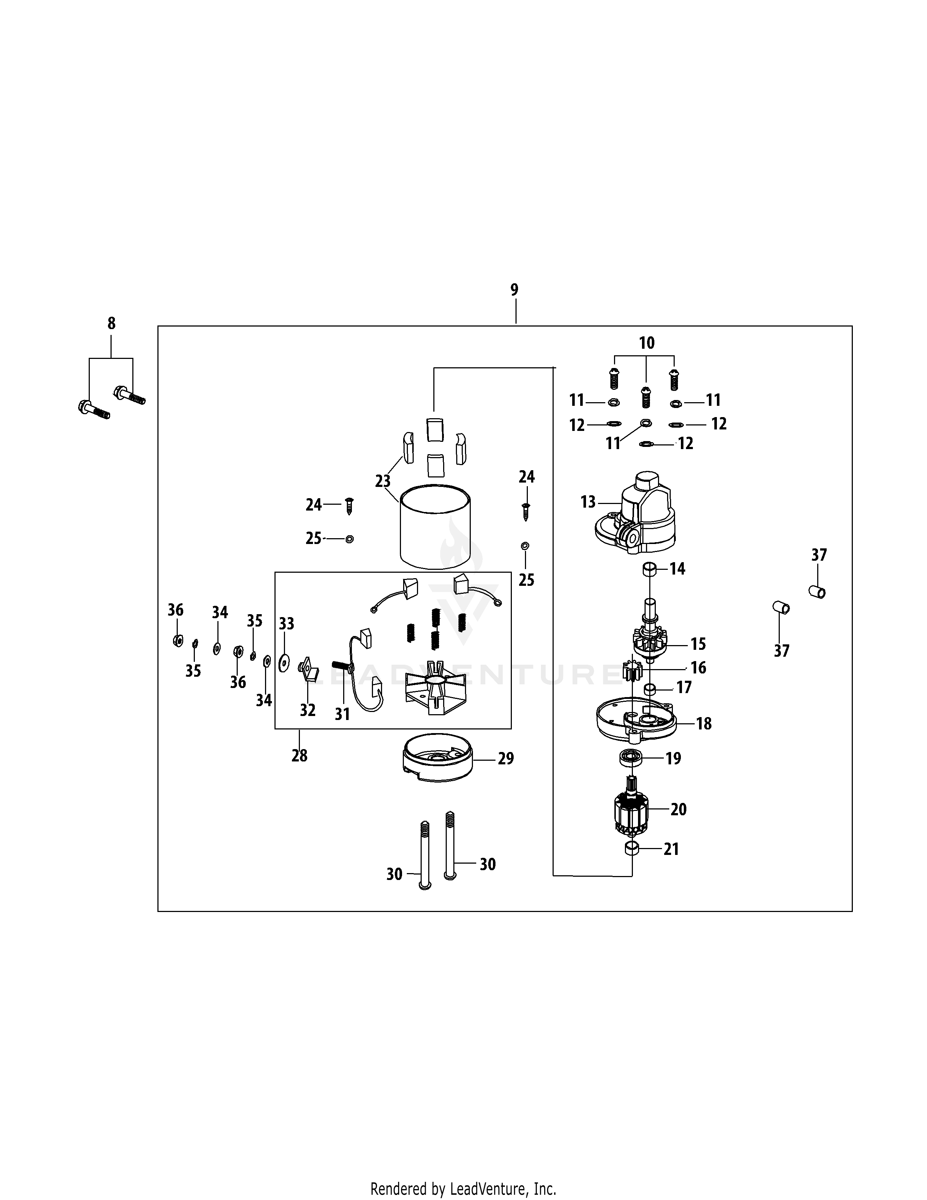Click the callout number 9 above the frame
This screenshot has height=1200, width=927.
[x=514, y=289]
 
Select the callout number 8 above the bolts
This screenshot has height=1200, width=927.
[x=112, y=324]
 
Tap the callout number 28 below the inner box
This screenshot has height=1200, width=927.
[x=299, y=756]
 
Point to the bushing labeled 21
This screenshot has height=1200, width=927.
[x=633, y=849]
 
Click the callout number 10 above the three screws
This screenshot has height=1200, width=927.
[x=646, y=343]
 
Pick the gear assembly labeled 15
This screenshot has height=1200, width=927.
[x=649, y=640]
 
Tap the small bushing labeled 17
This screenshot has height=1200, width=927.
[x=650, y=688]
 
